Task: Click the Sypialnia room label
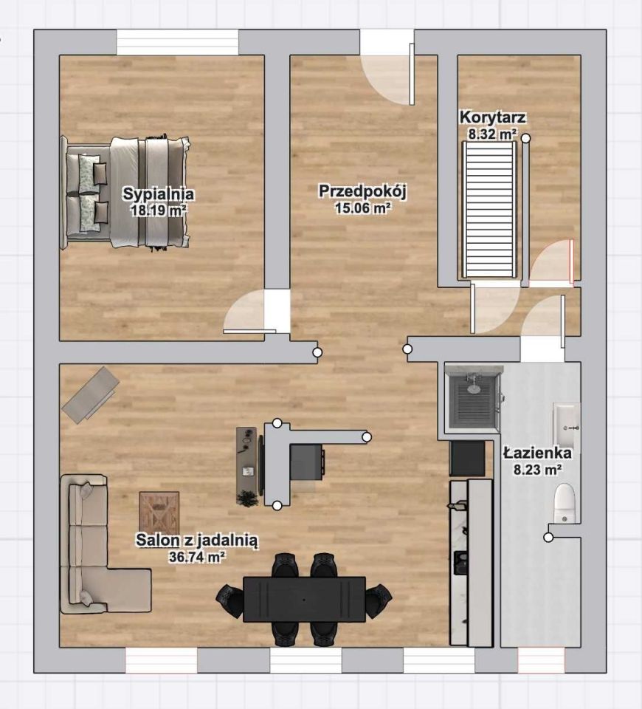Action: pos(159,194)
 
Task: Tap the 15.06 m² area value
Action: pos(362,208)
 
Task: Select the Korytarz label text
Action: pos(493,117)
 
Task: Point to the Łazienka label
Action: pos(538,453)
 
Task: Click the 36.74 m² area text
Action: pos(197,557)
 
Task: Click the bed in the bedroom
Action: pos(125,192)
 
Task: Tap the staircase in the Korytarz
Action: pos(489,209)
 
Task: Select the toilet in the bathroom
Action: pos(564,503)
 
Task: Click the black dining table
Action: pos(304,599)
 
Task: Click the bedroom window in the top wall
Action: pos(178,43)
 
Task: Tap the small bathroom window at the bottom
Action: pos(541,660)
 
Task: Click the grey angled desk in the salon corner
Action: pos(91,394)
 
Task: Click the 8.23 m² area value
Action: pos(538,470)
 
